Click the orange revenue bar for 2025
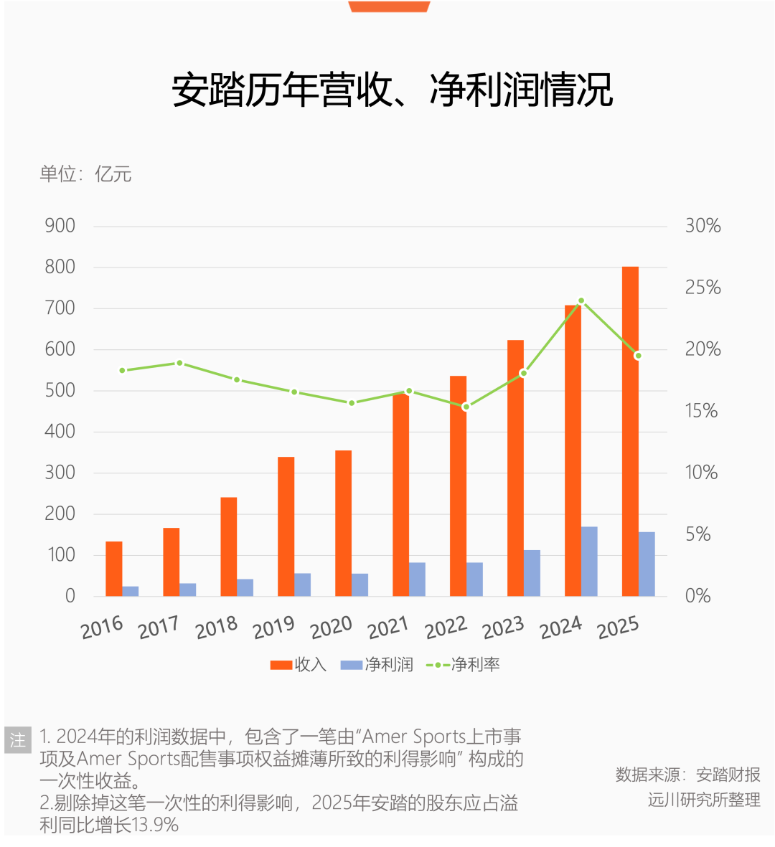[630, 430]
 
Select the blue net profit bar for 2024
[589, 562]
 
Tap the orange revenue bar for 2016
[113, 569]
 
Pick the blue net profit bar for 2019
[302, 585]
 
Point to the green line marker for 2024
[581, 301]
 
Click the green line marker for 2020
[352, 403]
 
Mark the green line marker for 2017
[179, 363]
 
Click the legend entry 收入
[299, 665]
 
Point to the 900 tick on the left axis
[60, 226]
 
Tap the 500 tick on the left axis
[60, 391]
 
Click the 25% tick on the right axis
[703, 288]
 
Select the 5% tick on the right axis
[697, 534]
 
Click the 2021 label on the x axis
[388, 629]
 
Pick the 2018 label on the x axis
[216, 629]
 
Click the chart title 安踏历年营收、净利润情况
[392, 90]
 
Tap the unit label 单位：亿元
[85, 174]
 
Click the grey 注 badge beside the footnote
[17, 739]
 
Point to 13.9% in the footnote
[155, 825]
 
